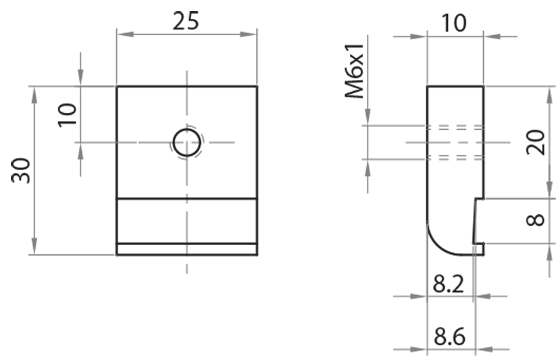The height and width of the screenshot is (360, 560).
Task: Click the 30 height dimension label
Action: coord(22,170)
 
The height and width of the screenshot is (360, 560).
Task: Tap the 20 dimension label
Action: coord(535,143)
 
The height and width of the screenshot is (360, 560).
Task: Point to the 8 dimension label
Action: coord(535,220)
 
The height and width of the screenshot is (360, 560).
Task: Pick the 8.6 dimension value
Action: coord(449,337)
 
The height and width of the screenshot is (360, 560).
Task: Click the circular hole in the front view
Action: coord(187,143)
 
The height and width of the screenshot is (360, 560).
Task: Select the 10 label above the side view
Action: coord(454,23)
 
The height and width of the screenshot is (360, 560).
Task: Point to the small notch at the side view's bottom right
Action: coord(479,247)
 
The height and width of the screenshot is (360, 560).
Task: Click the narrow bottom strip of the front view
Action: coord(187,249)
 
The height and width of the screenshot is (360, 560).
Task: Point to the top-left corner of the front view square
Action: coord(117,86)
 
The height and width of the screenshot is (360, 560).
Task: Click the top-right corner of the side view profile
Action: coord(483,86)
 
